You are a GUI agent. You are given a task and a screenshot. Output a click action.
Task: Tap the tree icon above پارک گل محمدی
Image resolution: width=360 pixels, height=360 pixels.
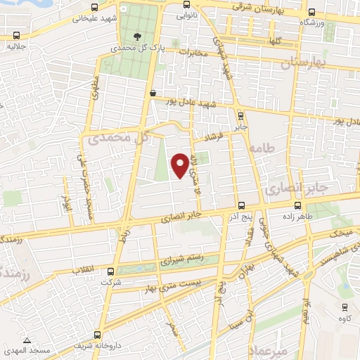click(x=136, y=37)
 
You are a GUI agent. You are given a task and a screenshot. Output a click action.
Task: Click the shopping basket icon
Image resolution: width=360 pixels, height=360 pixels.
click(x=153, y=92)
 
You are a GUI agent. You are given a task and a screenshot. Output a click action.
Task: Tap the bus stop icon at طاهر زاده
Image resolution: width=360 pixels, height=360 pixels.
click(x=299, y=206)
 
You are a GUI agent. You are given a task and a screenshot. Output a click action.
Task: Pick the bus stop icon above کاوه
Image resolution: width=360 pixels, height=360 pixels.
click(x=345, y=307)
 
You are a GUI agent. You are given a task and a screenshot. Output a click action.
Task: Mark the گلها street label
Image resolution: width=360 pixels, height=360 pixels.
click(x=274, y=41)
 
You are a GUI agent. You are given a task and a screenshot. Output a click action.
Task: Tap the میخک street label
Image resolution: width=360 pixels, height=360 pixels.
click(x=340, y=231)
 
